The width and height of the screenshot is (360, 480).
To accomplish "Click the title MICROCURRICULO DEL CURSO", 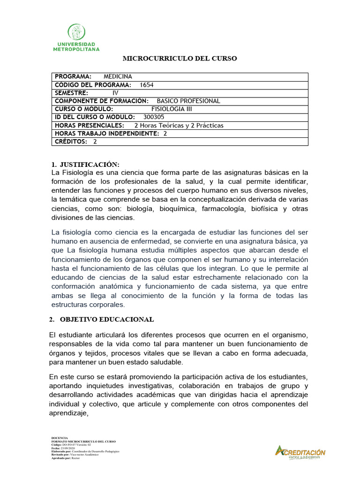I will pos(180,59).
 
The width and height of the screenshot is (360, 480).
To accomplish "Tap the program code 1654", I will pos(147,85).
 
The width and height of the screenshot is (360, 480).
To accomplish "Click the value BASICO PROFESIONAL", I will pos(188,101).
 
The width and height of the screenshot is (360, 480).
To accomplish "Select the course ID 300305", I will pos(154,117).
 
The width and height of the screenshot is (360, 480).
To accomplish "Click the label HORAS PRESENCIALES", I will pos(90,125).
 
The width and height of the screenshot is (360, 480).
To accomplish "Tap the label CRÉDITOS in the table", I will pos(71,142).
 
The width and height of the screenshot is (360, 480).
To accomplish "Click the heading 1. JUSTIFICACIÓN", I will pos(85,164).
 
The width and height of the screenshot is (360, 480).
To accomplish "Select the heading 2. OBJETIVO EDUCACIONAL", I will pos(102,319).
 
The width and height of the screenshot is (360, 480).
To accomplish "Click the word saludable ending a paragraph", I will pos(164,362).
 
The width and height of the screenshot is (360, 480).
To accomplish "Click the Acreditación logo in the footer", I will pos(300,452).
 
